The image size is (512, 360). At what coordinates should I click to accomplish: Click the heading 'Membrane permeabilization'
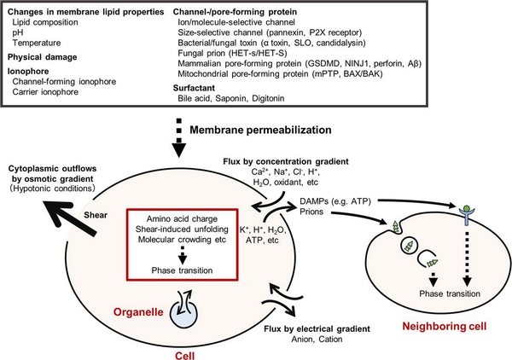click(260, 130)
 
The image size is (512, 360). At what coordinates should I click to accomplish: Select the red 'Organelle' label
click(138, 312)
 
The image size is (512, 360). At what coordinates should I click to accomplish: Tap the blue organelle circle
click(183, 314)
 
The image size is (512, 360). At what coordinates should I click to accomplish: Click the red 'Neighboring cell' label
click(445, 327)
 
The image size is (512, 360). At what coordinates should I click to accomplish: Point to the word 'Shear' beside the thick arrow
click(96, 215)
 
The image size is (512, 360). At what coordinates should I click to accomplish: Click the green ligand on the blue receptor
click(467, 208)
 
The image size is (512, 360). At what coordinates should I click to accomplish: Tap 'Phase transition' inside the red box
click(183, 270)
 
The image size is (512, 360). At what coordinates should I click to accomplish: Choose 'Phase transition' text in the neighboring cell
click(450, 293)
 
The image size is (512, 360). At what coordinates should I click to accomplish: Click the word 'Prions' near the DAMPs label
click(311, 212)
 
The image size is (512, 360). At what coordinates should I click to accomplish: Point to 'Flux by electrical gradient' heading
click(317, 328)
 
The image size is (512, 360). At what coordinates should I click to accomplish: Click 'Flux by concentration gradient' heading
click(286, 161)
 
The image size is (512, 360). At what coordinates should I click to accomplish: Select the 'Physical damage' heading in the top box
click(43, 57)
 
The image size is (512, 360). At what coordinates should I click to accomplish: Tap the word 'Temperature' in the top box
click(37, 43)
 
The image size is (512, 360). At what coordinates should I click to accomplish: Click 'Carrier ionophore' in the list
click(45, 92)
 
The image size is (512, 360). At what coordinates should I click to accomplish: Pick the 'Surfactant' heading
click(194, 88)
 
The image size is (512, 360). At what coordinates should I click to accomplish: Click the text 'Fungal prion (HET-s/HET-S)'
click(232, 53)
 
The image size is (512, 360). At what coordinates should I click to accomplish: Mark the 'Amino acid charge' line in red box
click(182, 218)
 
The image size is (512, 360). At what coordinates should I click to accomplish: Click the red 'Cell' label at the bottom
click(185, 355)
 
